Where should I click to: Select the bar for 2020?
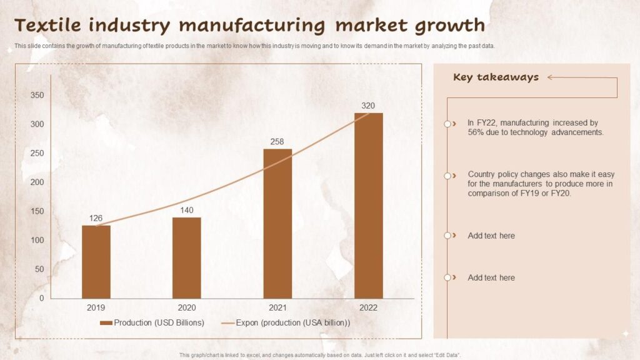coord(186,257)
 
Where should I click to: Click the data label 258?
coord(277,142)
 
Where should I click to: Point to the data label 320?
coord(368,106)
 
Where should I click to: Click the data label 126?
coord(96,218)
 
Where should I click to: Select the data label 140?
coord(186,210)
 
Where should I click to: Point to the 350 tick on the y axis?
coord(37,96)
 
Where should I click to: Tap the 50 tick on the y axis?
coord(39,269)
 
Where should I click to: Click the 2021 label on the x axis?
coord(277,307)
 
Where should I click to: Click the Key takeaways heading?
coord(496,77)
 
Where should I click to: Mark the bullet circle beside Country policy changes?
coord(447,176)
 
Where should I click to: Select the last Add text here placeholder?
coord(491,277)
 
